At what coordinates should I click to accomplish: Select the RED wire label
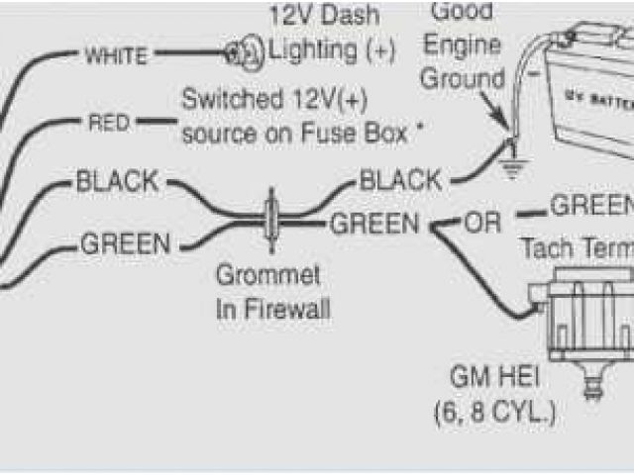(109, 123)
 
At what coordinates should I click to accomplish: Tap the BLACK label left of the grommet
(116, 182)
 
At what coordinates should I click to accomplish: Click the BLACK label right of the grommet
(401, 181)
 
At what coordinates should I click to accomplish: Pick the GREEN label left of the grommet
(125, 242)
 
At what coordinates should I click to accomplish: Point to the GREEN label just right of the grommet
(374, 224)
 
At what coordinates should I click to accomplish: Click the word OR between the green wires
(484, 223)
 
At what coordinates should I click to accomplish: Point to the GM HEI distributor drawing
(584, 317)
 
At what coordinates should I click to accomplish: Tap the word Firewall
(286, 310)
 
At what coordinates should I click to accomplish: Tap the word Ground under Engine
(464, 78)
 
